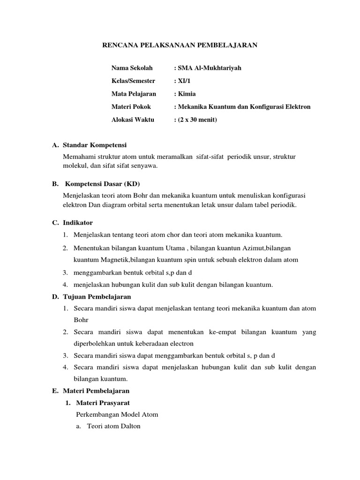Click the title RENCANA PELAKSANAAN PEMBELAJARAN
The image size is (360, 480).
click(x=180, y=45)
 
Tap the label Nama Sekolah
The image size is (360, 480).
click(x=132, y=68)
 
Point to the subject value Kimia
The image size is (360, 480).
click(x=186, y=94)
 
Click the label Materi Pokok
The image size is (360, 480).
click(x=131, y=107)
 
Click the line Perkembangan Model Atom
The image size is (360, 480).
click(x=117, y=414)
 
